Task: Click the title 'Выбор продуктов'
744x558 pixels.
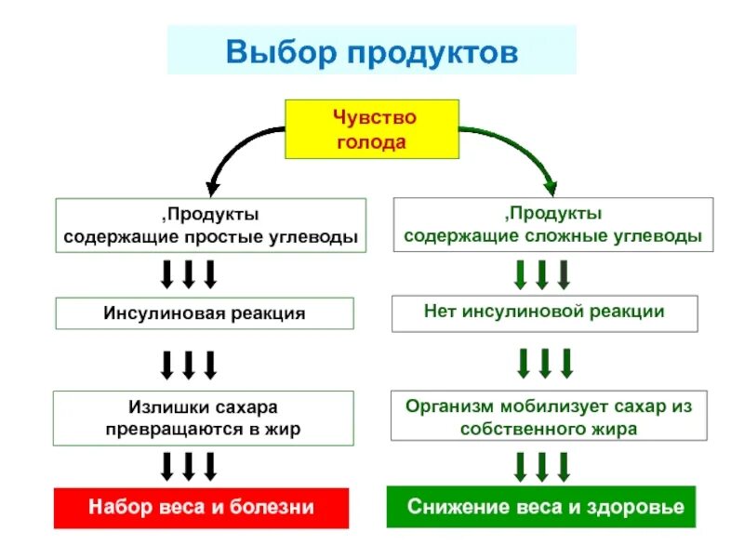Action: click(371, 50)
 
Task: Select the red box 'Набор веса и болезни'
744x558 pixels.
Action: click(201, 508)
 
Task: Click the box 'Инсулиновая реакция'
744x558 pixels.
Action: click(205, 313)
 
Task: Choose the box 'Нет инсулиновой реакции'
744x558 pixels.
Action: click(544, 312)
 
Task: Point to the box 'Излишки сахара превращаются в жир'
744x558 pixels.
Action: click(204, 418)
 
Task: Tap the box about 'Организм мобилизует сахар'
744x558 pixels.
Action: click(549, 418)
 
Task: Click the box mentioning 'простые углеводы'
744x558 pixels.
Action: click(210, 225)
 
